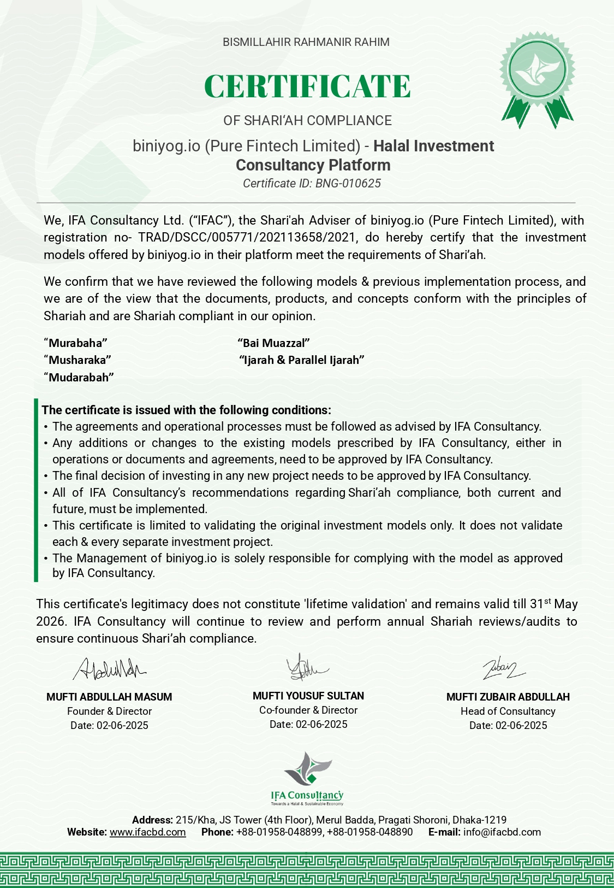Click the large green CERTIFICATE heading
307,86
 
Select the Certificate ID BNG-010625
312,184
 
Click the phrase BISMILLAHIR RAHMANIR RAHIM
306,42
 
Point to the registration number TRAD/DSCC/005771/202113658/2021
247,238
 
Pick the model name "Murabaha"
75,343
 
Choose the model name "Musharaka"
78,360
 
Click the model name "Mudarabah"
79,378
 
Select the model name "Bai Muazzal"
273,343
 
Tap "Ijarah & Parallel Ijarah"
302,360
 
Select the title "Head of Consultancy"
508,711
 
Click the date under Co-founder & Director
308,725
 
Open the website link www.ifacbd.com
147,832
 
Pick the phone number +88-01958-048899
279,832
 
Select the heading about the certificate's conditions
186,410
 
